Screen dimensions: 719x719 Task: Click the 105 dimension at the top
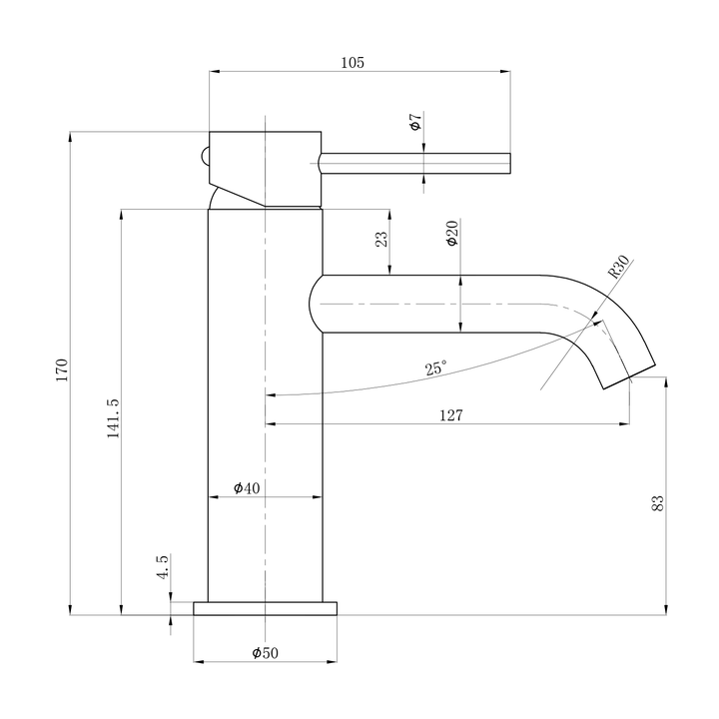click(352, 62)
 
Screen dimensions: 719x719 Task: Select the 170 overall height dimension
click(61, 370)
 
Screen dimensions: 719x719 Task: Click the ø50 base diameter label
click(265, 652)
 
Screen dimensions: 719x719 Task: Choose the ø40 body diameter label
click(247, 488)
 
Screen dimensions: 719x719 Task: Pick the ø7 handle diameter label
click(415, 124)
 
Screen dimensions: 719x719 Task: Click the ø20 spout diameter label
click(451, 235)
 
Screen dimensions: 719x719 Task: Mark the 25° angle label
click(435, 368)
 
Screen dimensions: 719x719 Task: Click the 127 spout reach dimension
click(449, 415)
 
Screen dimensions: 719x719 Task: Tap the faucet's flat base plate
click(266, 609)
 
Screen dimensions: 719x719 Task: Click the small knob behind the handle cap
click(204, 157)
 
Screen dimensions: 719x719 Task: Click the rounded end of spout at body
click(316, 304)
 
